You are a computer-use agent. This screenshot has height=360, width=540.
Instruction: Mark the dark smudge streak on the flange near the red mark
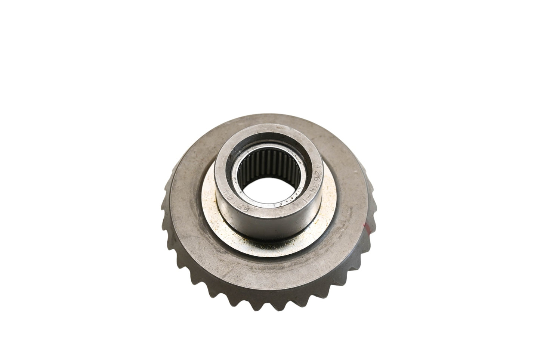(x=348, y=220)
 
